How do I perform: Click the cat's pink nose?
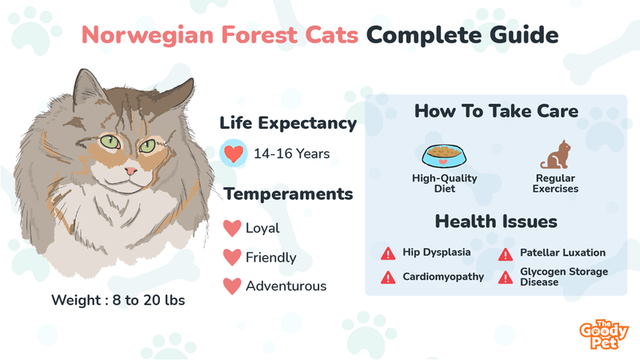click(x=130, y=170)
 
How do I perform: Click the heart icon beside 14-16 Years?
click(x=234, y=154)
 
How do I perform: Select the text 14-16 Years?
click(x=292, y=154)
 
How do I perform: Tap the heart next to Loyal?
click(x=232, y=228)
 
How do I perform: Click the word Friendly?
click(x=271, y=258)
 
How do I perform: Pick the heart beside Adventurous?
click(x=232, y=286)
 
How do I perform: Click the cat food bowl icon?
click(x=444, y=156)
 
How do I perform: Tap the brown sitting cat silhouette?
click(x=556, y=154)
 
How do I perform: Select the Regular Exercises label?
click(x=555, y=183)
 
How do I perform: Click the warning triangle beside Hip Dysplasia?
click(x=388, y=254)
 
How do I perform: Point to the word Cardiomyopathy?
click(x=443, y=277)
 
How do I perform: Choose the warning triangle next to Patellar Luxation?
click(x=506, y=254)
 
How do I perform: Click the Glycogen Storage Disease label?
click(x=564, y=277)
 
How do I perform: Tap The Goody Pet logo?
click(x=604, y=334)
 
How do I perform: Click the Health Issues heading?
click(x=496, y=222)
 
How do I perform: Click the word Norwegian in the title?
click(x=148, y=35)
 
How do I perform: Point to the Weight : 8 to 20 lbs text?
click(x=118, y=300)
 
